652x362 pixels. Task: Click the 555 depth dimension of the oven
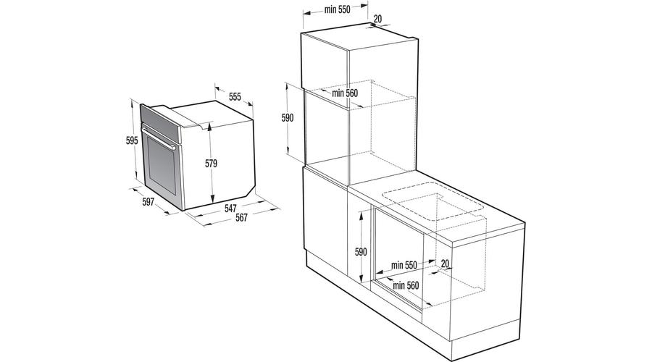pyautogui.click(x=235, y=96)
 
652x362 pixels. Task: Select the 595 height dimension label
pyautogui.click(x=131, y=140)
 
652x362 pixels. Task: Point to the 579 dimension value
pyautogui.click(x=211, y=164)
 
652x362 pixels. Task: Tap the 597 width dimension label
pyautogui.click(x=148, y=202)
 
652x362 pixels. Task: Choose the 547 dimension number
pyautogui.click(x=230, y=209)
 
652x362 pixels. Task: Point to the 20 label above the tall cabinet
pyautogui.click(x=377, y=20)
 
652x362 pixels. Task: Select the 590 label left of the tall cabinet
pyautogui.click(x=288, y=117)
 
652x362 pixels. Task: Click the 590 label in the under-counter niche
pyautogui.click(x=361, y=252)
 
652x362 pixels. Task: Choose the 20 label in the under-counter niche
pyautogui.click(x=445, y=263)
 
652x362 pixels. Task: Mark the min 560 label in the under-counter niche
pyautogui.click(x=407, y=285)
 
